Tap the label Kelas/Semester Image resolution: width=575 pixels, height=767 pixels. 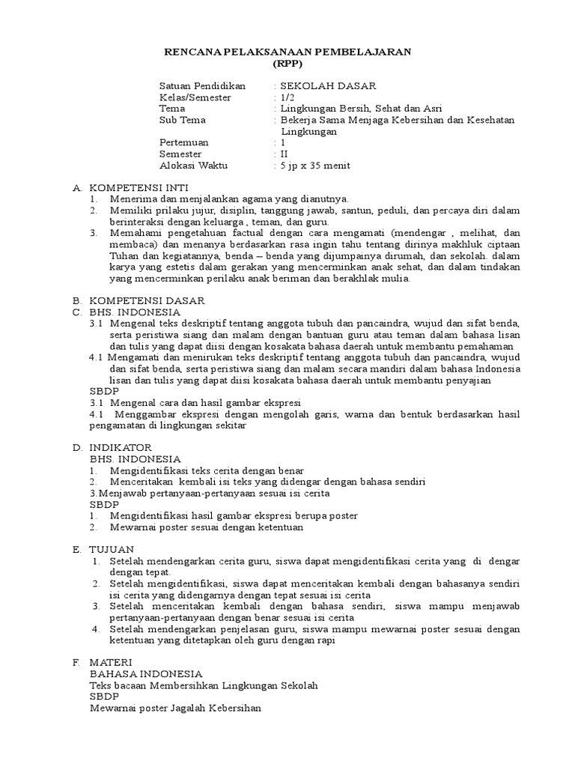tap(190, 97)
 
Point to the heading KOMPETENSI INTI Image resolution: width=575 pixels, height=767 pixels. tap(139, 187)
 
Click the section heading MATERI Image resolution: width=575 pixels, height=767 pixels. tap(111, 662)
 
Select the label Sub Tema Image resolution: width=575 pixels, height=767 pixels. tap(182, 120)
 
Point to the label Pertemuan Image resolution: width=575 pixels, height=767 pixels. tap(183, 142)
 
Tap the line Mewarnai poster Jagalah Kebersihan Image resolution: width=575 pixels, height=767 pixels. tap(175, 709)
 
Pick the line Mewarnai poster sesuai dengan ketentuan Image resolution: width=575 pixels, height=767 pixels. tap(207, 527)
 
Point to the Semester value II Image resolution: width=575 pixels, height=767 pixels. tap(283, 154)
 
